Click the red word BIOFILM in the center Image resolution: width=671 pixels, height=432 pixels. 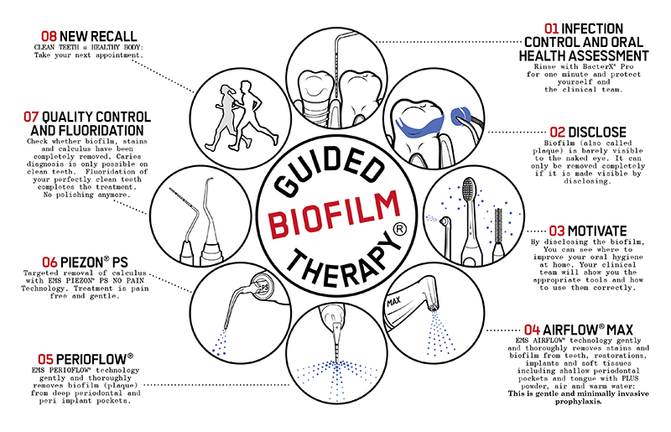pyautogui.click(x=335, y=216)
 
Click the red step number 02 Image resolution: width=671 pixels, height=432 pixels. pyautogui.click(x=556, y=132)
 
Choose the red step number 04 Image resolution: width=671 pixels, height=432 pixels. pyautogui.click(x=531, y=330)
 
